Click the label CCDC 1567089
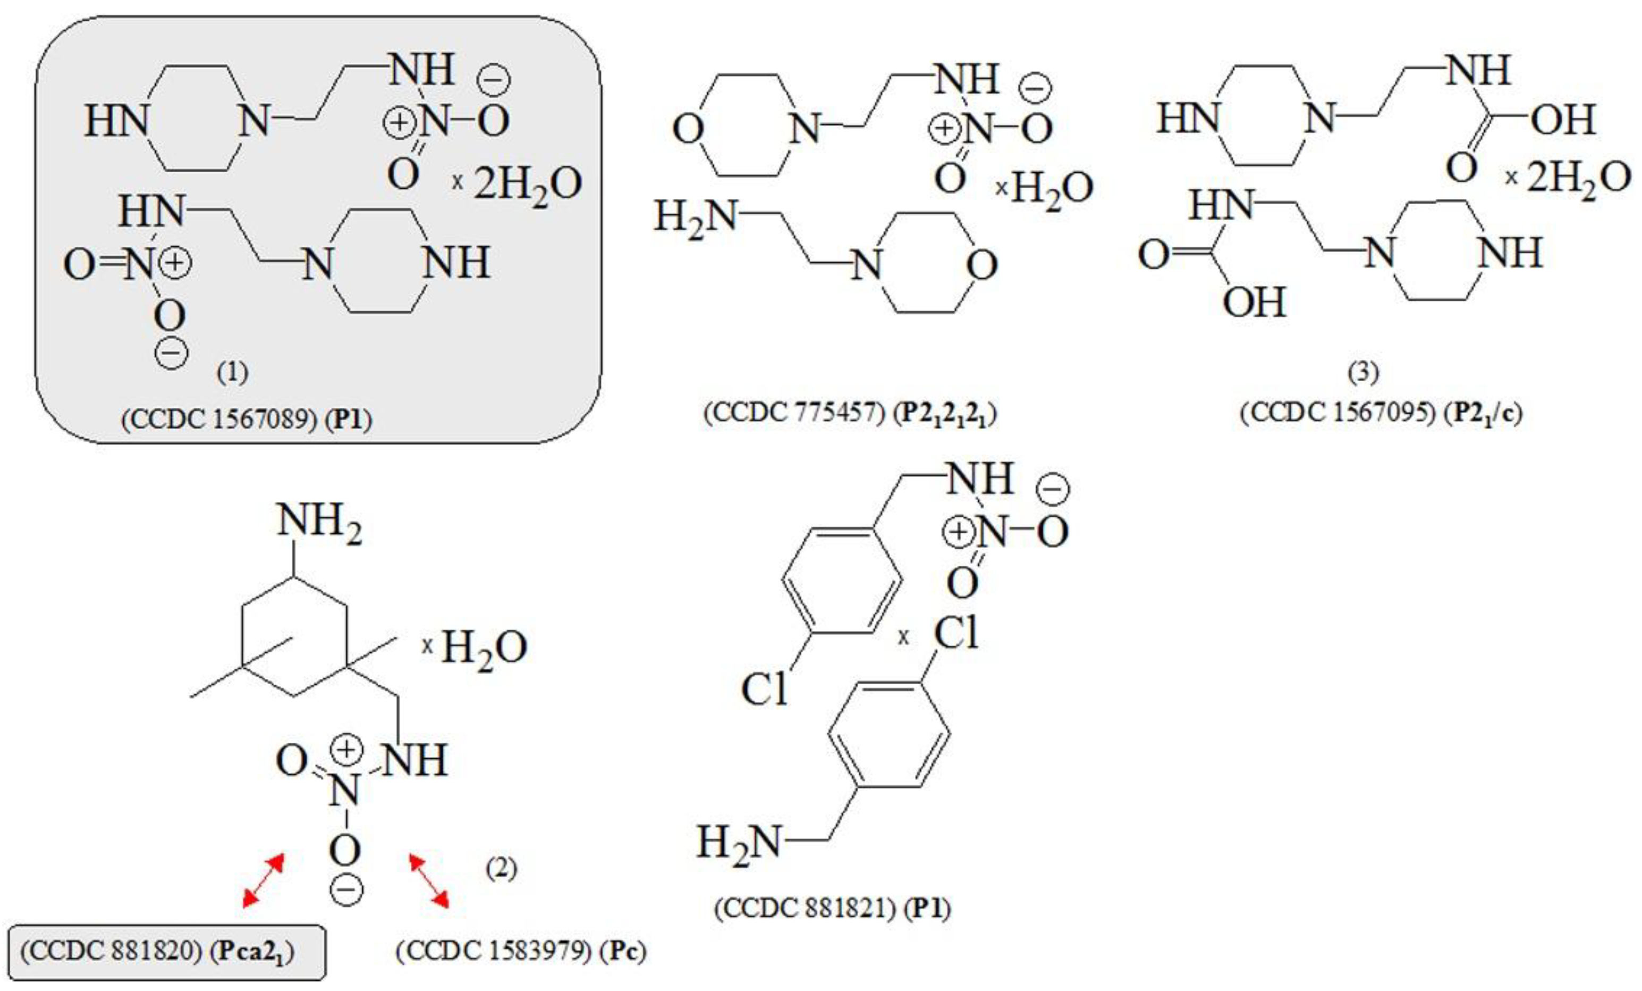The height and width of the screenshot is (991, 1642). (219, 419)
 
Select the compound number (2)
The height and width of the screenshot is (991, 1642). (501, 868)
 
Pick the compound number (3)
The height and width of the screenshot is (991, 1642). (1364, 372)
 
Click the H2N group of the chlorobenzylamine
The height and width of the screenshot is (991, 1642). (738, 844)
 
